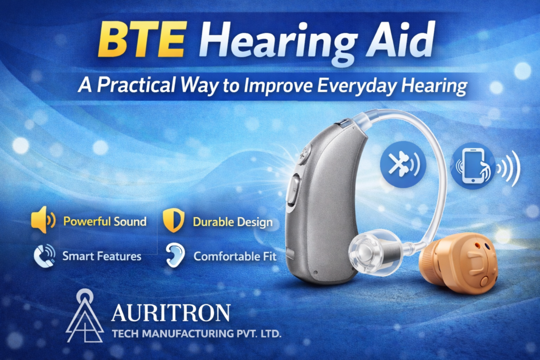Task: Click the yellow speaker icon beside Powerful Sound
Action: click(43, 220)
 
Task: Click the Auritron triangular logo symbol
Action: click(84, 316)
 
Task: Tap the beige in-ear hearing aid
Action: click(459, 262)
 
